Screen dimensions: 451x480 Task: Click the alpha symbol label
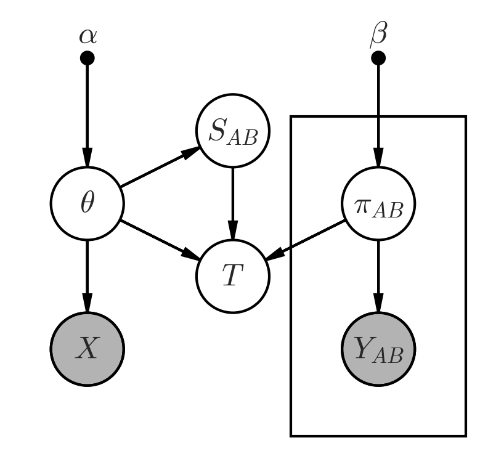[87, 36]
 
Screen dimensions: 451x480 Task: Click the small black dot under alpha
[87, 59]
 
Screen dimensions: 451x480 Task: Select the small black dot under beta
[378, 59]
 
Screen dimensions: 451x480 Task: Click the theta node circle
[87, 203]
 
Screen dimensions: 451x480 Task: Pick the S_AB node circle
[233, 131]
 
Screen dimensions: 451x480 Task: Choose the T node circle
[233, 276]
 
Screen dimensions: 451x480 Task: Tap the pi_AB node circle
[378, 203]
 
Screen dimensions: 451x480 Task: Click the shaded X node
[87, 349]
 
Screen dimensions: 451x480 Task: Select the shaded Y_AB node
[378, 349]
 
